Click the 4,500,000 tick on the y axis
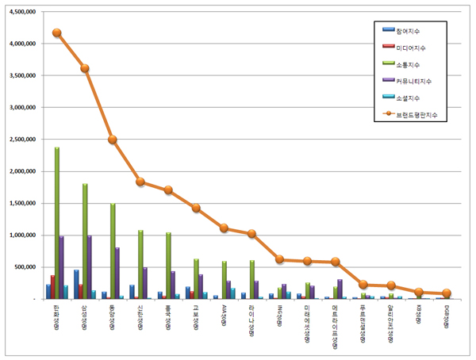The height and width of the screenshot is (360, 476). [x=22, y=12]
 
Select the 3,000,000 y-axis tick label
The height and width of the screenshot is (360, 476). [x=22, y=108]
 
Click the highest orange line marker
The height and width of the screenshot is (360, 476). [x=57, y=33]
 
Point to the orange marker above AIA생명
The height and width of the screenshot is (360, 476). [x=225, y=228]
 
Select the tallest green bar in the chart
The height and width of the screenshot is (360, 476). [x=57, y=223]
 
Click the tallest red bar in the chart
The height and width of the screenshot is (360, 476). [x=52, y=287]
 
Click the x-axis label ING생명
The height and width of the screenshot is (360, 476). [x=281, y=315]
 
